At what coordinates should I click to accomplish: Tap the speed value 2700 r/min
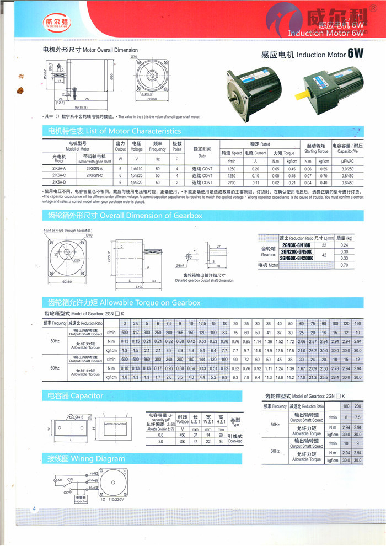pyautogui.click(x=232, y=182)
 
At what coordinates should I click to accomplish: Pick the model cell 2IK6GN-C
pyautogui.click(x=95, y=175)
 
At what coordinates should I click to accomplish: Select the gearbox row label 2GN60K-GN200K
pyautogui.click(x=296, y=258)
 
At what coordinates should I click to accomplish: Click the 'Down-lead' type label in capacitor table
pyautogui.click(x=235, y=441)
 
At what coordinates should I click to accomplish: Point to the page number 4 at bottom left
pyautogui.click(x=34, y=508)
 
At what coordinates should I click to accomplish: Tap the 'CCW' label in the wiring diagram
pyautogui.click(x=67, y=492)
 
